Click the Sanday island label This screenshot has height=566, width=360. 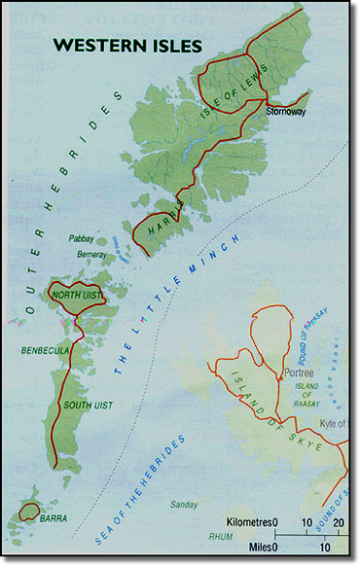[183, 505]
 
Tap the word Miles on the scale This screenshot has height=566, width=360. [255, 548]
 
